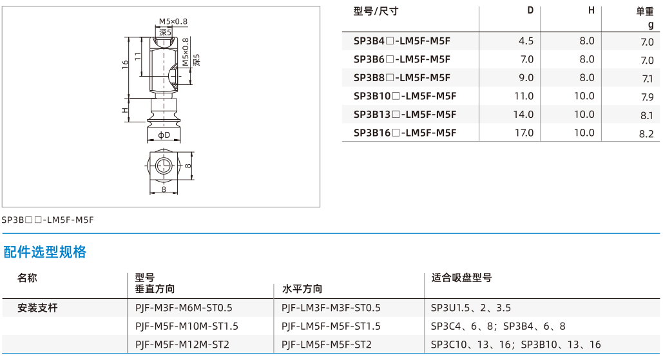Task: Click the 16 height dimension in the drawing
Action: (x=125, y=64)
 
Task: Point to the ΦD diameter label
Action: (x=164, y=135)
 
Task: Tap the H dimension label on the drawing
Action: (x=125, y=110)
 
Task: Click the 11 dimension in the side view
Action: (x=138, y=56)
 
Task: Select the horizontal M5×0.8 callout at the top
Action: (x=173, y=21)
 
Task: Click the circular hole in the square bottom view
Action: (x=164, y=166)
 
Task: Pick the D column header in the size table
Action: (x=530, y=10)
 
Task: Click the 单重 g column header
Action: (x=645, y=18)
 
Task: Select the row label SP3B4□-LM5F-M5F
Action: (x=401, y=41)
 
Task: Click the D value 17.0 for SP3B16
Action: (x=524, y=133)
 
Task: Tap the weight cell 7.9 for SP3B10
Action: (x=647, y=97)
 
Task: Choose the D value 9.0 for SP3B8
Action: (x=526, y=78)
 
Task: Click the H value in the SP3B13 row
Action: (x=584, y=115)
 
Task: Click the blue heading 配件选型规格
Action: (x=45, y=252)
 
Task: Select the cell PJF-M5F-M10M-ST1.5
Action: (x=186, y=327)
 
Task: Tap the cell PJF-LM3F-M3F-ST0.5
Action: (x=331, y=308)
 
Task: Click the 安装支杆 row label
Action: (x=37, y=308)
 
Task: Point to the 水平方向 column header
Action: (x=302, y=289)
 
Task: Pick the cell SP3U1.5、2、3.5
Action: (x=470, y=308)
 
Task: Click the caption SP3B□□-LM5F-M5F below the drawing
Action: (x=48, y=220)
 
